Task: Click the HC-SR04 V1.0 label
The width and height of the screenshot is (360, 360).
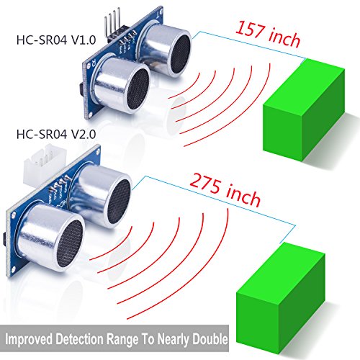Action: (x=56, y=40)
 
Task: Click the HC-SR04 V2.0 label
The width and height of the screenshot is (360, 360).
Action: (x=56, y=134)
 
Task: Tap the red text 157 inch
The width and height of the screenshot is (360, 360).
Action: (x=268, y=34)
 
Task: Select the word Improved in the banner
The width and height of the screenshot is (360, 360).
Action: (x=29, y=339)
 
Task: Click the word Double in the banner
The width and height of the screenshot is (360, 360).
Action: (x=210, y=339)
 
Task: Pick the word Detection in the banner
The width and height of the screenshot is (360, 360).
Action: (x=79, y=339)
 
